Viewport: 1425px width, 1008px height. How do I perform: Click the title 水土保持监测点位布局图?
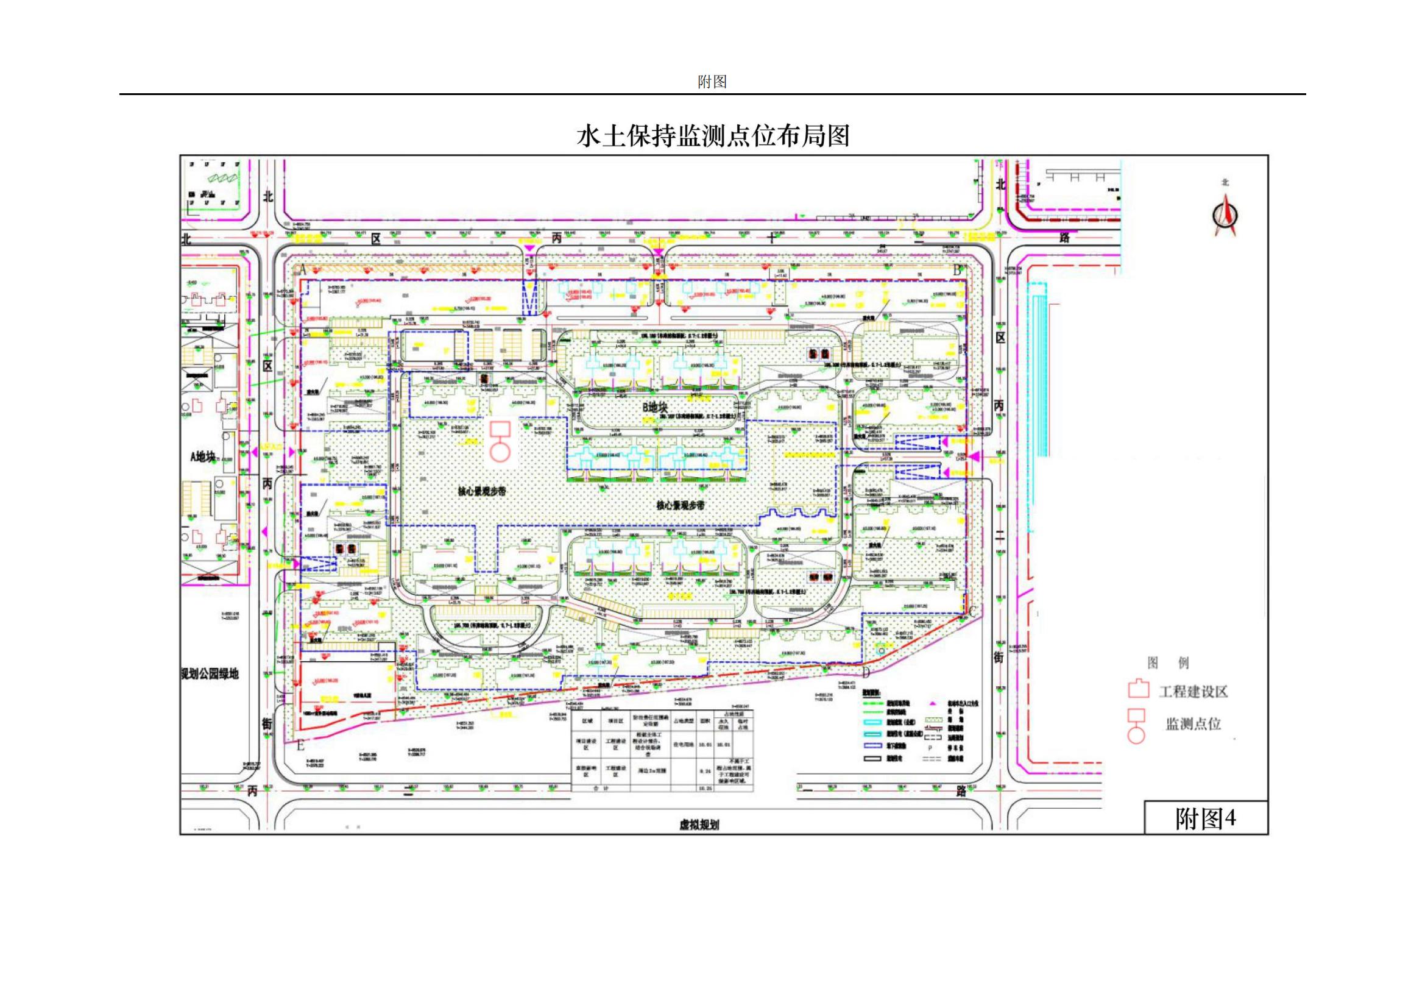tap(713, 136)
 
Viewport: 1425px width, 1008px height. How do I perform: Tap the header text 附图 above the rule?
tap(712, 82)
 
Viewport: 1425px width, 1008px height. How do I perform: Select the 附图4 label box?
tap(1205, 818)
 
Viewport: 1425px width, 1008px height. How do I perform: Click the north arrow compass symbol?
tap(1225, 215)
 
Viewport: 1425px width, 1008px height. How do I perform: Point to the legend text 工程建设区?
tap(1193, 692)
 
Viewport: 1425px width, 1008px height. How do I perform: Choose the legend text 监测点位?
tap(1193, 724)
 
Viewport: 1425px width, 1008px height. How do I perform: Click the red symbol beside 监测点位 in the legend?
tap(1136, 725)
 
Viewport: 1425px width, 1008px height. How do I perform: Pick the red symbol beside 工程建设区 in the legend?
tap(1138, 690)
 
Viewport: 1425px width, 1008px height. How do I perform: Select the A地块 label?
tap(204, 456)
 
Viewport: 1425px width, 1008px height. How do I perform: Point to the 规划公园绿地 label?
tap(209, 674)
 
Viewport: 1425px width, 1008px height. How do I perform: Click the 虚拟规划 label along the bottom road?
tap(699, 825)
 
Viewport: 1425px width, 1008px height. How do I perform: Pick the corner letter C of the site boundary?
tap(972, 611)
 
